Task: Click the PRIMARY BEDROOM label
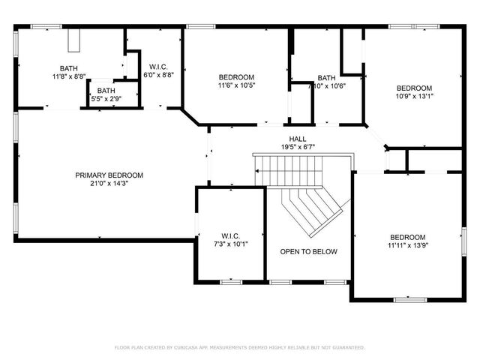109,175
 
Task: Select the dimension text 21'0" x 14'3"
109,184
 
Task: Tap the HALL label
297,139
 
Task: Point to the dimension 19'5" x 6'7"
297,148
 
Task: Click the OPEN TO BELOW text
308,252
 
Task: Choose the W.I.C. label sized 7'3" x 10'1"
229,235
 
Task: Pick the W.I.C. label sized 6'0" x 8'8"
157,67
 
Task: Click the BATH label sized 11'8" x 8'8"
69,68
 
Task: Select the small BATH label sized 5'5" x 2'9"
106,91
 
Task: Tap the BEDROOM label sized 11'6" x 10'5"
236,77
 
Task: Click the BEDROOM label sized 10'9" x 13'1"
415,88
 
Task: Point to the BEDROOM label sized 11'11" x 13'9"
407,236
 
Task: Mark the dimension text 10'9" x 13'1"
415,96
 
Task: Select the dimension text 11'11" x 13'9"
407,244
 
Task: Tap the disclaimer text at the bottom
239,347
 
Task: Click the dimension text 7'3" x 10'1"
229,243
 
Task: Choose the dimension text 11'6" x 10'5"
236,85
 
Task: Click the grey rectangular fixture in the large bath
73,43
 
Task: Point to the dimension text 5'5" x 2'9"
106,98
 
